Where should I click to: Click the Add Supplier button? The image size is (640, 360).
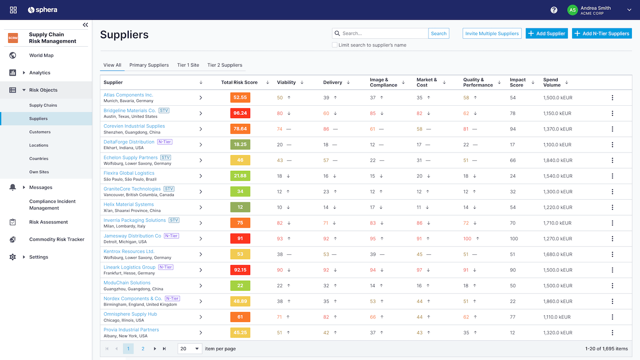coord(546,33)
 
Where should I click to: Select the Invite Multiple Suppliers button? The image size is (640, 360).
coord(491,33)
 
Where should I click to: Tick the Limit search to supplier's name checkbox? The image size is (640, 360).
coord(334,45)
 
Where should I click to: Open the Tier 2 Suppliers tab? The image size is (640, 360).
coord(225,65)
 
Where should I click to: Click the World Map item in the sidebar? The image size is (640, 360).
coord(41,55)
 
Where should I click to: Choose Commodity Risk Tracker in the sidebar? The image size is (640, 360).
coord(57,239)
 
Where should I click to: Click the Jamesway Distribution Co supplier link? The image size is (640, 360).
coord(132,236)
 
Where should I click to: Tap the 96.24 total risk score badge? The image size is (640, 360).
coord(240,113)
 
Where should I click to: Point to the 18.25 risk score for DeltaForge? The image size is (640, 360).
coord(240,144)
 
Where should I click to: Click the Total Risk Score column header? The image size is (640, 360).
coord(239,82)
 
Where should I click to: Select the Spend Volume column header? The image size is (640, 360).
coord(551,82)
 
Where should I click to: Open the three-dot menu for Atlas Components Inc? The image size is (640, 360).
coord(612,98)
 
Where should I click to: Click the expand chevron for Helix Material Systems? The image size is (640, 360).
coord(201,207)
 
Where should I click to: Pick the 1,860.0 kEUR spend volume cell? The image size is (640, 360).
coord(558,301)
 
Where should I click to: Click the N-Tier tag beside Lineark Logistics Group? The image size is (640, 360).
coord(166,267)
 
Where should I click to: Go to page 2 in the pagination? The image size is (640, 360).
coord(143,349)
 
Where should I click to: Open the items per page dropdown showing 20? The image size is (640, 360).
coord(189,349)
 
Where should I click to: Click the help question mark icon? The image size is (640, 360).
coord(554,10)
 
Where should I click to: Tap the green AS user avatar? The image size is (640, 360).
coord(572,10)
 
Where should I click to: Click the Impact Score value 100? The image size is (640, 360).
coord(514,239)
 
